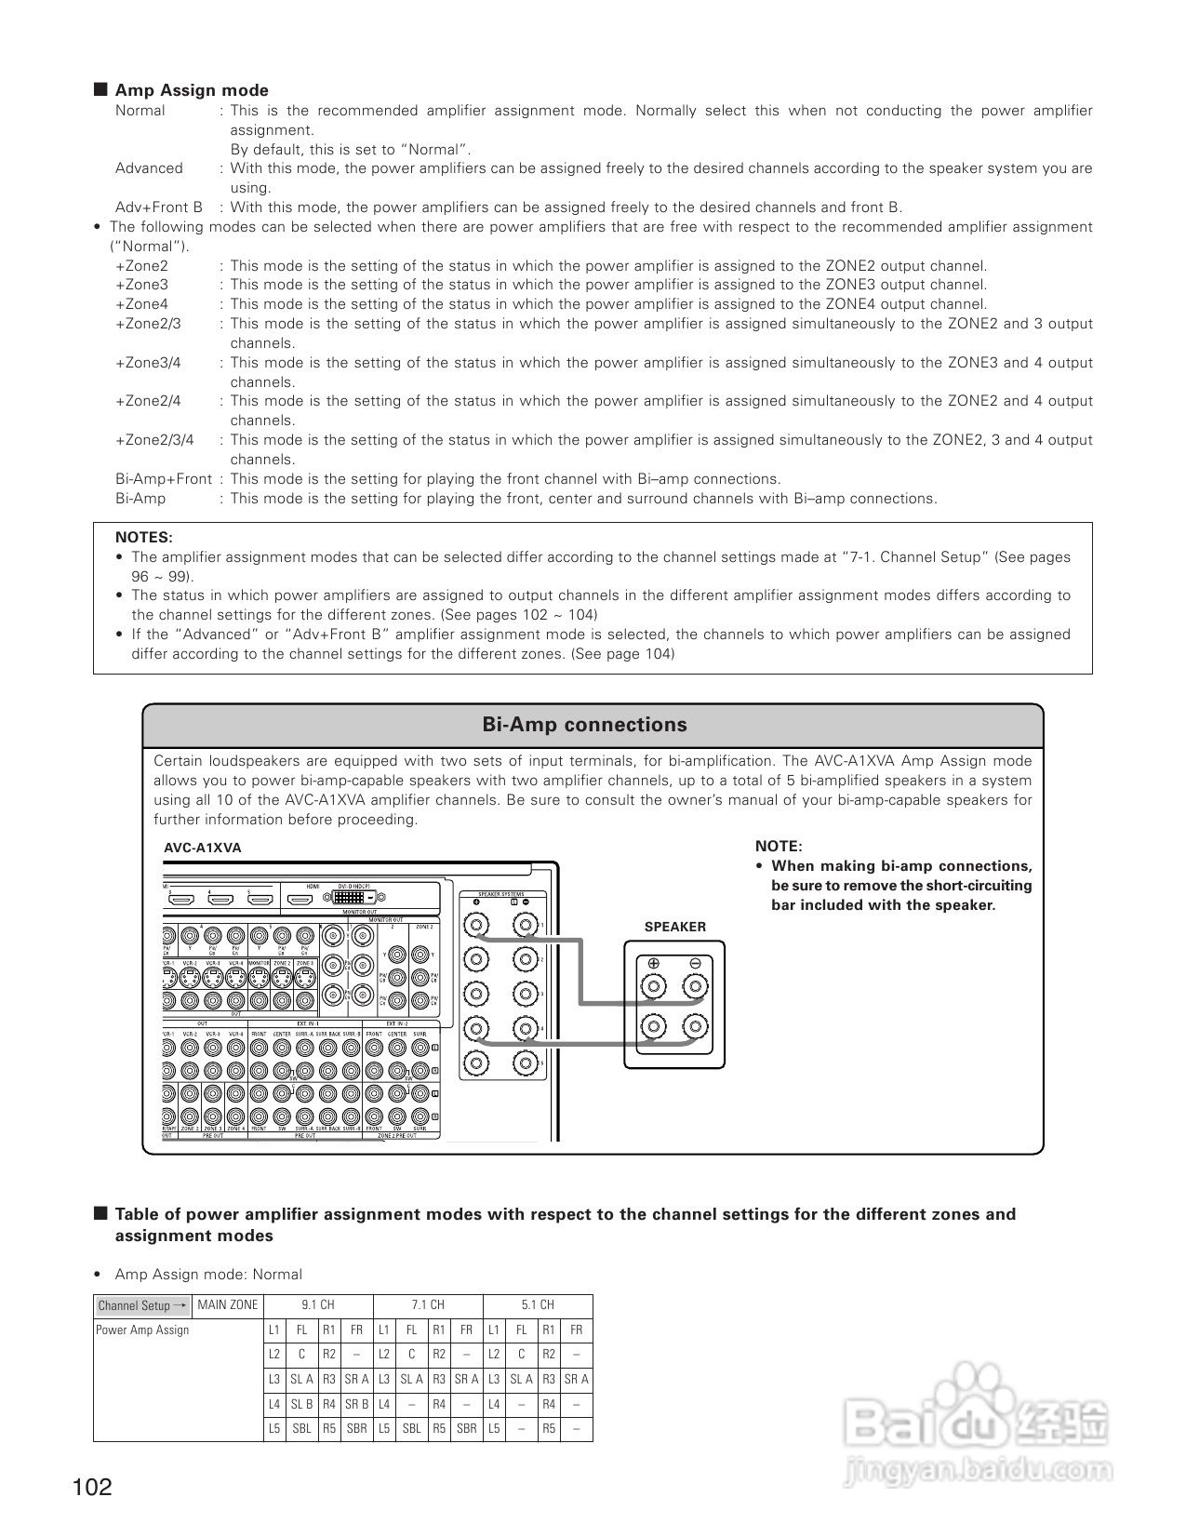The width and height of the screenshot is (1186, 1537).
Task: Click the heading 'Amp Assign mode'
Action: pos(191,90)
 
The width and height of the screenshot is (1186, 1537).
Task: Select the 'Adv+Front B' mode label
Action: pos(158,207)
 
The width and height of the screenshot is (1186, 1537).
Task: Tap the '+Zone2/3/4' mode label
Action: pos(154,440)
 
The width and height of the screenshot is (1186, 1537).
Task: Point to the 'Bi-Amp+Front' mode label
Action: pos(164,479)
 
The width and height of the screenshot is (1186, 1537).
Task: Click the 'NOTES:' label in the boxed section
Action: pos(143,538)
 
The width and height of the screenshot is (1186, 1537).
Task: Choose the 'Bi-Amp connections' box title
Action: pos(584,725)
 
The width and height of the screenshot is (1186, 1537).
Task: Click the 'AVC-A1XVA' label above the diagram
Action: pos(202,848)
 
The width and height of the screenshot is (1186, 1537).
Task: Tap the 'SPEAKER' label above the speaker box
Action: pos(674,927)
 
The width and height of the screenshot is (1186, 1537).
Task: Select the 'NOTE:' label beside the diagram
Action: pos(778,846)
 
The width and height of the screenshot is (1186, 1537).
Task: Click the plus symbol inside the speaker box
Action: pos(654,963)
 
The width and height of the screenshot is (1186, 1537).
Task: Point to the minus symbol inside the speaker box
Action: pos(695,963)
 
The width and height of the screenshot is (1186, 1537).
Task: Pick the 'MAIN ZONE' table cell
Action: pos(227,1305)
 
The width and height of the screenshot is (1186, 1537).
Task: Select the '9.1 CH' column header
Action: pos(318,1305)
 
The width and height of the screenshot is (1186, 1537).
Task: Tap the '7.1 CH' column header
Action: pos(428,1305)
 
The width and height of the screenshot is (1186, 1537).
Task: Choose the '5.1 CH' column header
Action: pos(538,1305)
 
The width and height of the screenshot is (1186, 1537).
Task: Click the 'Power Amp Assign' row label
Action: pos(142,1330)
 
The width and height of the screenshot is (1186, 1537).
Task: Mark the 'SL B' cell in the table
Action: pos(301,1404)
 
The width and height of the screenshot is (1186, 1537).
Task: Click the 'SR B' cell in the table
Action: pos(356,1404)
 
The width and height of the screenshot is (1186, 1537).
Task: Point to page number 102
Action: pos(92,1488)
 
